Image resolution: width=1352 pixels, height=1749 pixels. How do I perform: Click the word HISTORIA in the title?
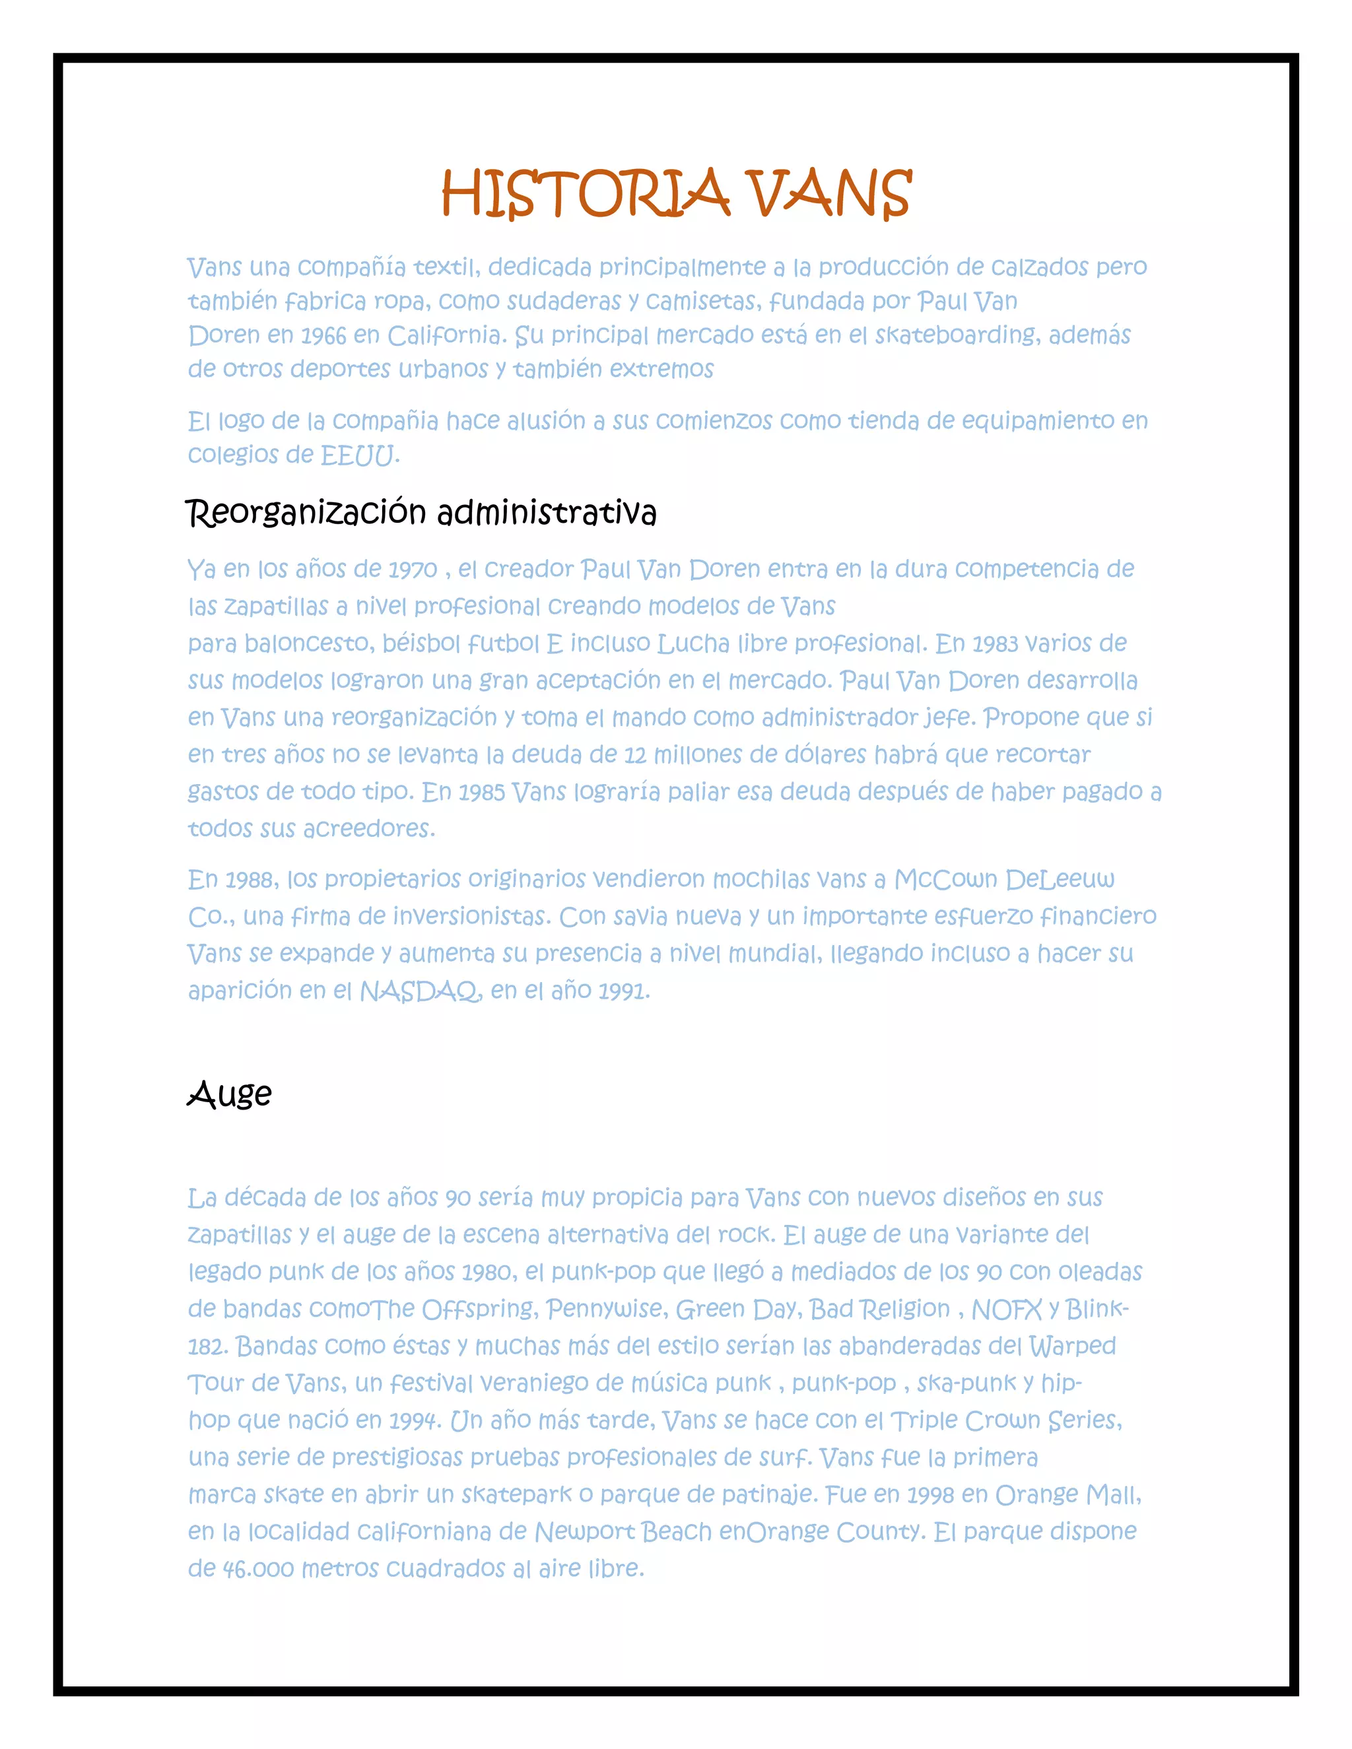585,194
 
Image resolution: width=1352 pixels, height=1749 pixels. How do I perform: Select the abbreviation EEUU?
358,455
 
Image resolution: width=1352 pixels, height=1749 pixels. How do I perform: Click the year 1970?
413,570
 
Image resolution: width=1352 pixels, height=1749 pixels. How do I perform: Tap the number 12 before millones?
634,755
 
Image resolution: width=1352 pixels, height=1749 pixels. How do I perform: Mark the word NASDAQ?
421,991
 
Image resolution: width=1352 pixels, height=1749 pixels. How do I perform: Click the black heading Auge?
230,1094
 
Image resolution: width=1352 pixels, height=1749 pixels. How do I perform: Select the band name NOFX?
1007,1309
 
